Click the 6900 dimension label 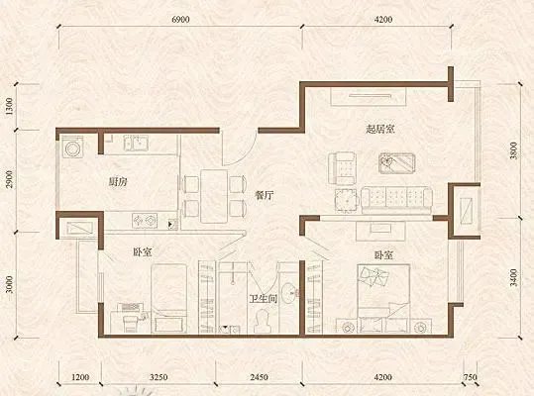[180, 20]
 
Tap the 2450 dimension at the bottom [259, 377]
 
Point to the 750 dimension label [471, 377]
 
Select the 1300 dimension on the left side [9, 106]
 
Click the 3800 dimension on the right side [513, 150]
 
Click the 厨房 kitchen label [118, 182]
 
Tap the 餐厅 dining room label [265, 195]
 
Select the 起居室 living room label [380, 129]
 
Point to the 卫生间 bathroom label [263, 299]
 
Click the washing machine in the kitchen [72, 148]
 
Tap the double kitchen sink [136, 143]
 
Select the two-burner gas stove [145, 221]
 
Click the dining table [214, 196]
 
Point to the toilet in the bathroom [262, 321]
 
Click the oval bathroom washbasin [289, 293]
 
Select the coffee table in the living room [396, 163]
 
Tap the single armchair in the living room [342, 168]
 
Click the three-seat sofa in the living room [396, 199]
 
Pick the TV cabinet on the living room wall [369, 97]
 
